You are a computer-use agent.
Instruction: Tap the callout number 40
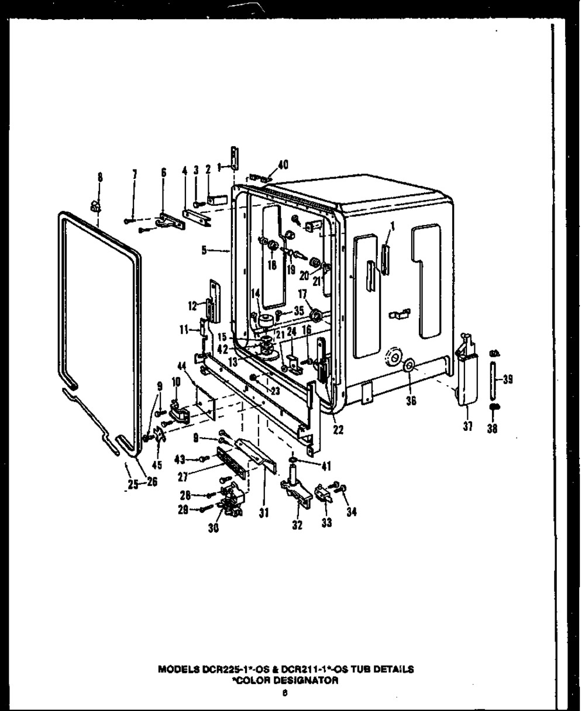[283, 165]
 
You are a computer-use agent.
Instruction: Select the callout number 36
[410, 402]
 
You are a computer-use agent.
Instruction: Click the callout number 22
[338, 430]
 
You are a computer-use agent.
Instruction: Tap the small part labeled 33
[324, 493]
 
